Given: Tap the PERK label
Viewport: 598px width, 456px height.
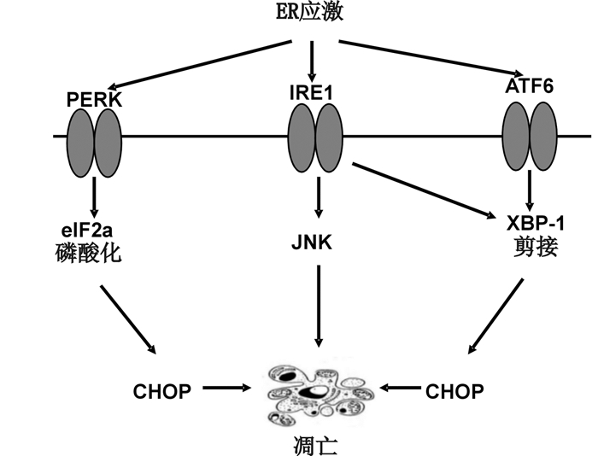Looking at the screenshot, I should point(95,99).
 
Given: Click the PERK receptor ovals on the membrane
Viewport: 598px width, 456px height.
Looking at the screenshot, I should point(95,136).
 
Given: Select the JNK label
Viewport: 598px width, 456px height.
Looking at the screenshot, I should point(318,242).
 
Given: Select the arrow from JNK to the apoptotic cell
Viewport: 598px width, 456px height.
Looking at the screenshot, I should point(319,305).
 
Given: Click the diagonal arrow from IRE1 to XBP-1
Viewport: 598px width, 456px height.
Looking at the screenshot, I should point(424,189).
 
